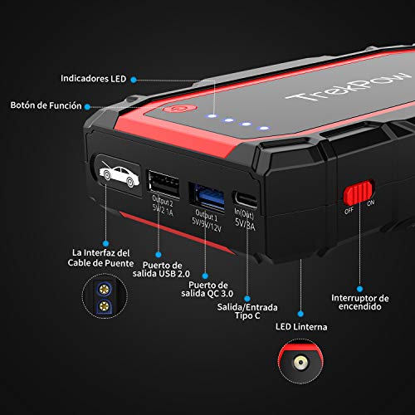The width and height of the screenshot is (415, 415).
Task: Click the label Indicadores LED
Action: pyautogui.click(x=94, y=79)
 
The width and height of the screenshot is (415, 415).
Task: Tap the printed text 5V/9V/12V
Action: pyautogui.click(x=203, y=224)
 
